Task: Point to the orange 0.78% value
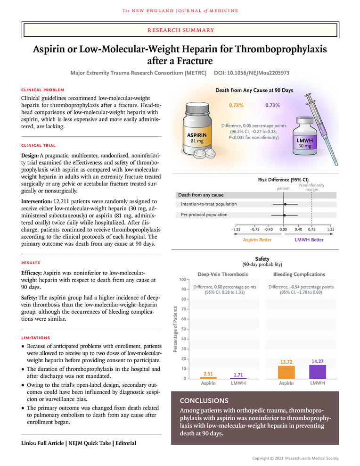[236, 105]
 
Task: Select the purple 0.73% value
[272, 105]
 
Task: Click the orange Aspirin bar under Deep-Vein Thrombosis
[208, 378]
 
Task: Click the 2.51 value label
[208, 374]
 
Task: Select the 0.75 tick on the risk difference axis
[312, 229]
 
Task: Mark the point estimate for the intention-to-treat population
[285, 204]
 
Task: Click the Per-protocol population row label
[204, 215]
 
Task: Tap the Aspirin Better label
[257, 240]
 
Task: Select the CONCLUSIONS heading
[204, 400]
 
